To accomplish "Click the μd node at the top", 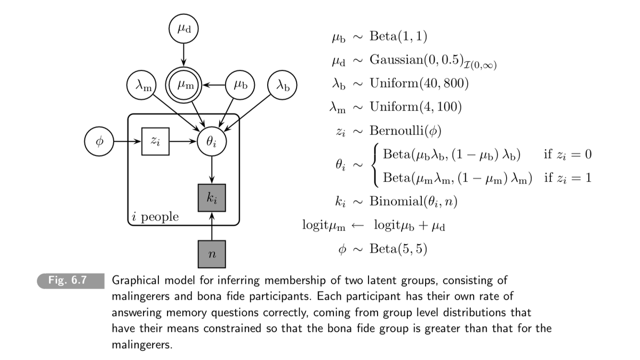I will pyautogui.click(x=183, y=28).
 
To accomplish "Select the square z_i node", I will pyautogui.click(x=155, y=142).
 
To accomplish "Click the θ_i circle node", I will pyautogui.click(x=212, y=142).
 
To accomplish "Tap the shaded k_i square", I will pyautogui.click(x=212, y=197).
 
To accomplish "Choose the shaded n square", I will pyautogui.click(x=212, y=254).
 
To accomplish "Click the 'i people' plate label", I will pyautogui.click(x=155, y=217).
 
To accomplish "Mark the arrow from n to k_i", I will pyautogui.click(x=212, y=226).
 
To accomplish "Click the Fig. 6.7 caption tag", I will pyautogui.click(x=68, y=281).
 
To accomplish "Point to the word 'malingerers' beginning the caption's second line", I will pyautogui.click(x=140, y=297).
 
